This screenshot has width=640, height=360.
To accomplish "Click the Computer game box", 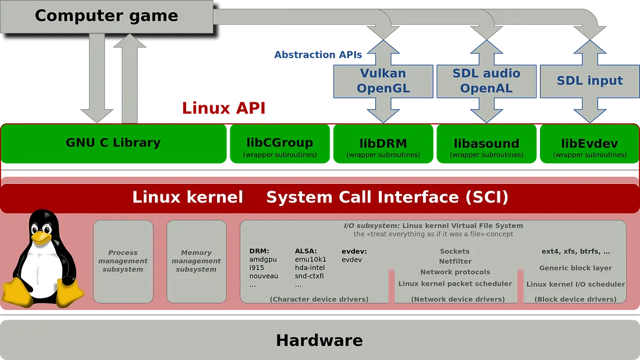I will point(106,16).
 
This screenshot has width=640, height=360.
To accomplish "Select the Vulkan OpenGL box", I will point(383,81).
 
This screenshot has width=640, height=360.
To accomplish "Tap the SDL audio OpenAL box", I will point(486,81).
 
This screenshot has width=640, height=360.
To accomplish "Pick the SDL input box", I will point(589,81).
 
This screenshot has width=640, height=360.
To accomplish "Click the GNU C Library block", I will point(113,142).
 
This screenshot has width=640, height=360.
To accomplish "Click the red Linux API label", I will point(225,108).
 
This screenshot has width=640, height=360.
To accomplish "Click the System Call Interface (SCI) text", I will point(387,197).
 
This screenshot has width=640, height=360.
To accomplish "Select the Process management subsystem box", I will point(123,261).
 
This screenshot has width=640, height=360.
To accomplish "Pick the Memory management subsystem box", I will point(196,261).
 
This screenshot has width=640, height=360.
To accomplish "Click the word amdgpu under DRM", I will point(263,259).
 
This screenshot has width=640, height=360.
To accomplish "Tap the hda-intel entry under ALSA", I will point(310,268).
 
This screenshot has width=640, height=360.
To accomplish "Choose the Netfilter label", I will point(455,262).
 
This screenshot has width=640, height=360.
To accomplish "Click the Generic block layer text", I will point(575,268).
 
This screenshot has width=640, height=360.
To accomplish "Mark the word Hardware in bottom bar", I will point(319,340).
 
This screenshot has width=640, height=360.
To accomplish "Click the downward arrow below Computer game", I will point(96,76).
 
